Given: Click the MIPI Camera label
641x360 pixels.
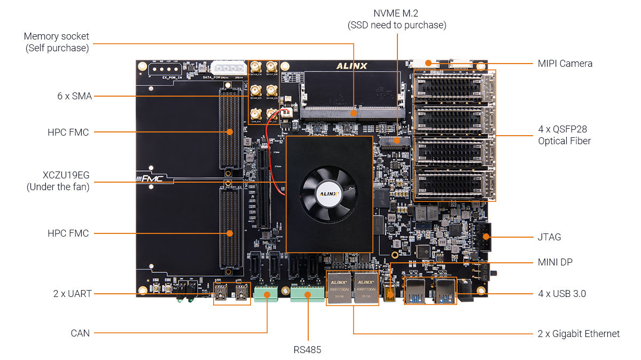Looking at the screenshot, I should coord(565,63).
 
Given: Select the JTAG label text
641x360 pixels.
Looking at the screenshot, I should coord(549,237).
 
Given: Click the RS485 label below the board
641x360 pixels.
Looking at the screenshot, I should coord(307,350).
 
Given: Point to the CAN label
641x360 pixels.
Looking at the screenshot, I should coord(80,333).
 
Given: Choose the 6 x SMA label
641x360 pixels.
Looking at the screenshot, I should coord(74,96).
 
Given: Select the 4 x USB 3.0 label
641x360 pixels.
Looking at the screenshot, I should coord(562,293).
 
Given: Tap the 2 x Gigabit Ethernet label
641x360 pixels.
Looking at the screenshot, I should coord(579,333).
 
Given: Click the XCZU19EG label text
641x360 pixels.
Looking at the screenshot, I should coord(66,175).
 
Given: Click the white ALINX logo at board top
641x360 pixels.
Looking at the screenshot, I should coord(351,66).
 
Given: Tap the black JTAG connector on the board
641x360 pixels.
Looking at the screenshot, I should coord(486,237).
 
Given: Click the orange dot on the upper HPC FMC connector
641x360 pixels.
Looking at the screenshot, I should coord(230,131).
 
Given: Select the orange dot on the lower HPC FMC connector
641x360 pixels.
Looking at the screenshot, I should coord(230,233).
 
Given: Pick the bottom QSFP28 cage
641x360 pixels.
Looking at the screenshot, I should coord(454,184).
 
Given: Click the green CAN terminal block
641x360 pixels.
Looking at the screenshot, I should coord(267,294).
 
